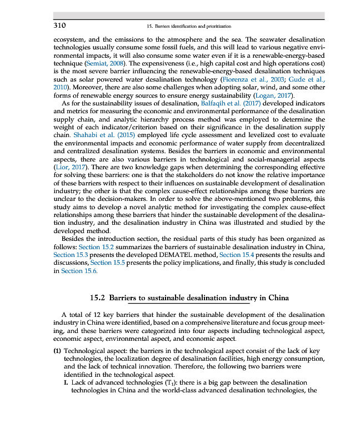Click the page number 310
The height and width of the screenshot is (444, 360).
point(59,26)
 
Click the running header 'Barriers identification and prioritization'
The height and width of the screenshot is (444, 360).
point(191,26)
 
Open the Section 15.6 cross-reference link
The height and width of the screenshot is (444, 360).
point(79,271)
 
